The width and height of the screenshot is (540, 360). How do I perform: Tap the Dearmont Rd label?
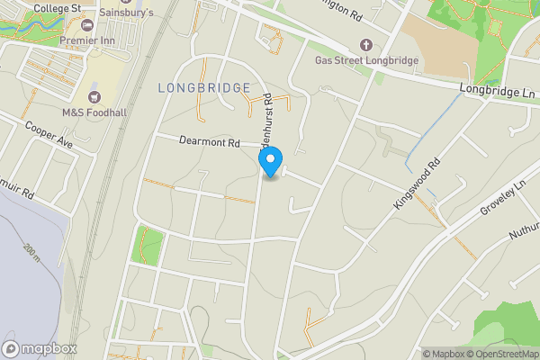click(x=210, y=142)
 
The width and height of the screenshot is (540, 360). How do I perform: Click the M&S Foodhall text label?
click(x=93, y=112)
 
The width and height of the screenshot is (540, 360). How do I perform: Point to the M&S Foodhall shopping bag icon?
click(x=94, y=96)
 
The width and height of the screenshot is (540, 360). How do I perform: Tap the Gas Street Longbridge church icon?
click(x=365, y=44)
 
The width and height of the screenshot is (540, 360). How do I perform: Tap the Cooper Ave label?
click(x=48, y=135)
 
